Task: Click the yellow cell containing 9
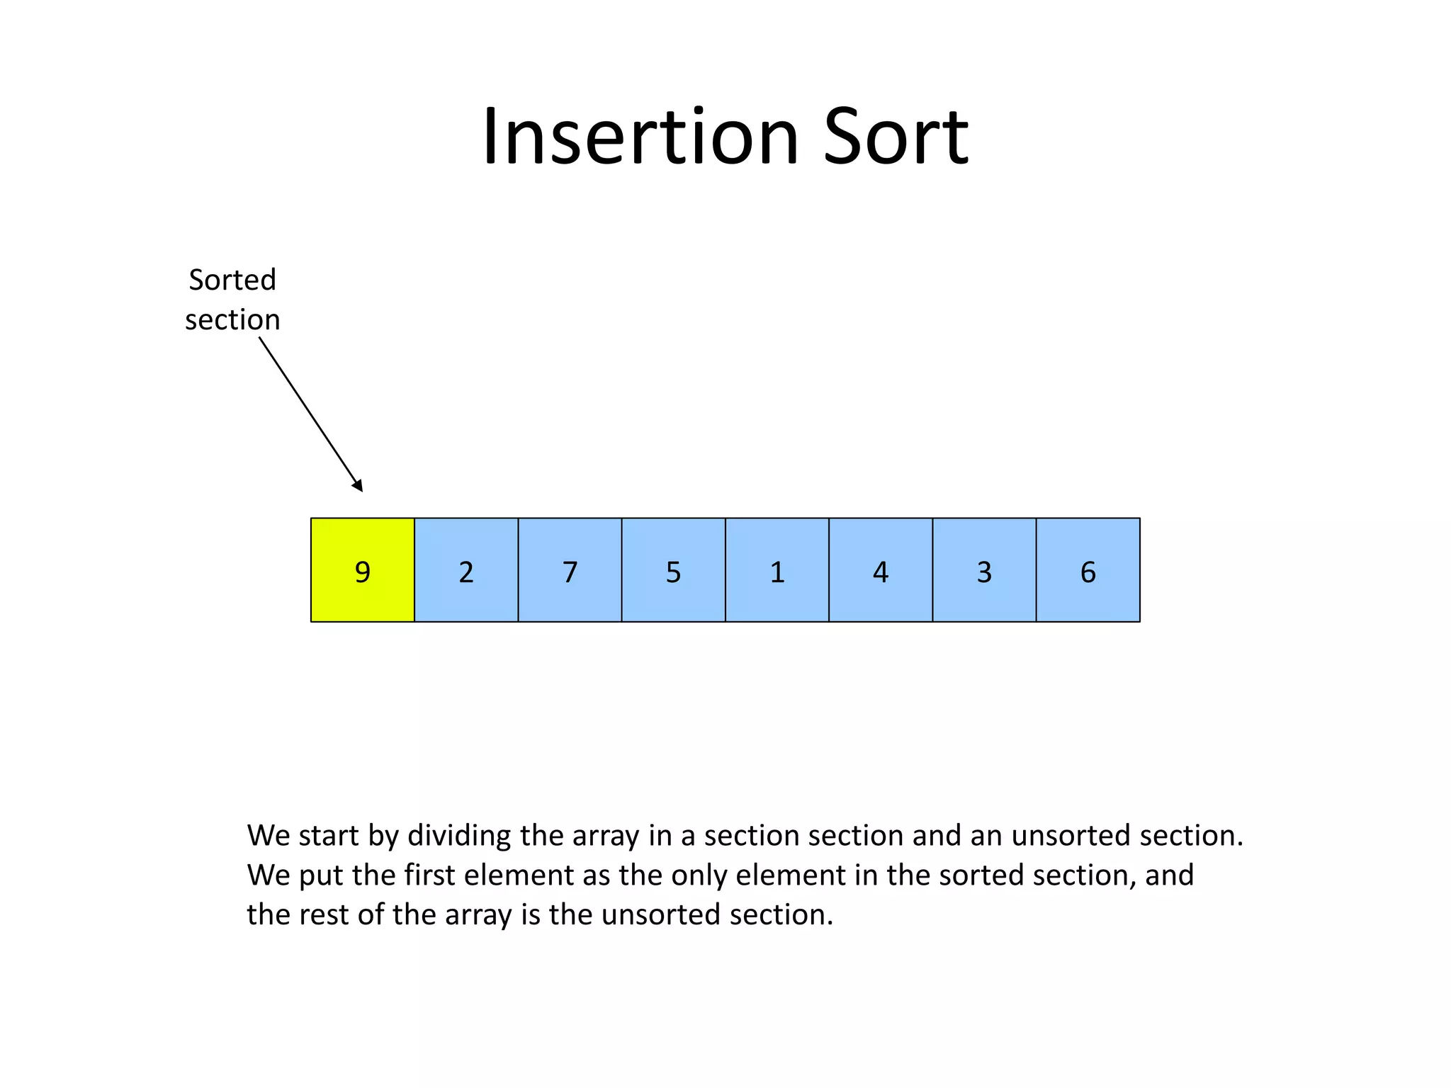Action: (362, 570)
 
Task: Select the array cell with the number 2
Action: (466, 570)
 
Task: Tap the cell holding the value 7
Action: (570, 570)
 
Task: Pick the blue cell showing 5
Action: (673, 570)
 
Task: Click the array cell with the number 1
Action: (777, 570)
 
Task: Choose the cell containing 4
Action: (881, 570)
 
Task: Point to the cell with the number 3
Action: (984, 570)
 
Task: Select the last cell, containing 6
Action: (1088, 570)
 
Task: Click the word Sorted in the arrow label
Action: (232, 280)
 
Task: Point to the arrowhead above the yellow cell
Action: (358, 486)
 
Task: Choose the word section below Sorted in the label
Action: (232, 320)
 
